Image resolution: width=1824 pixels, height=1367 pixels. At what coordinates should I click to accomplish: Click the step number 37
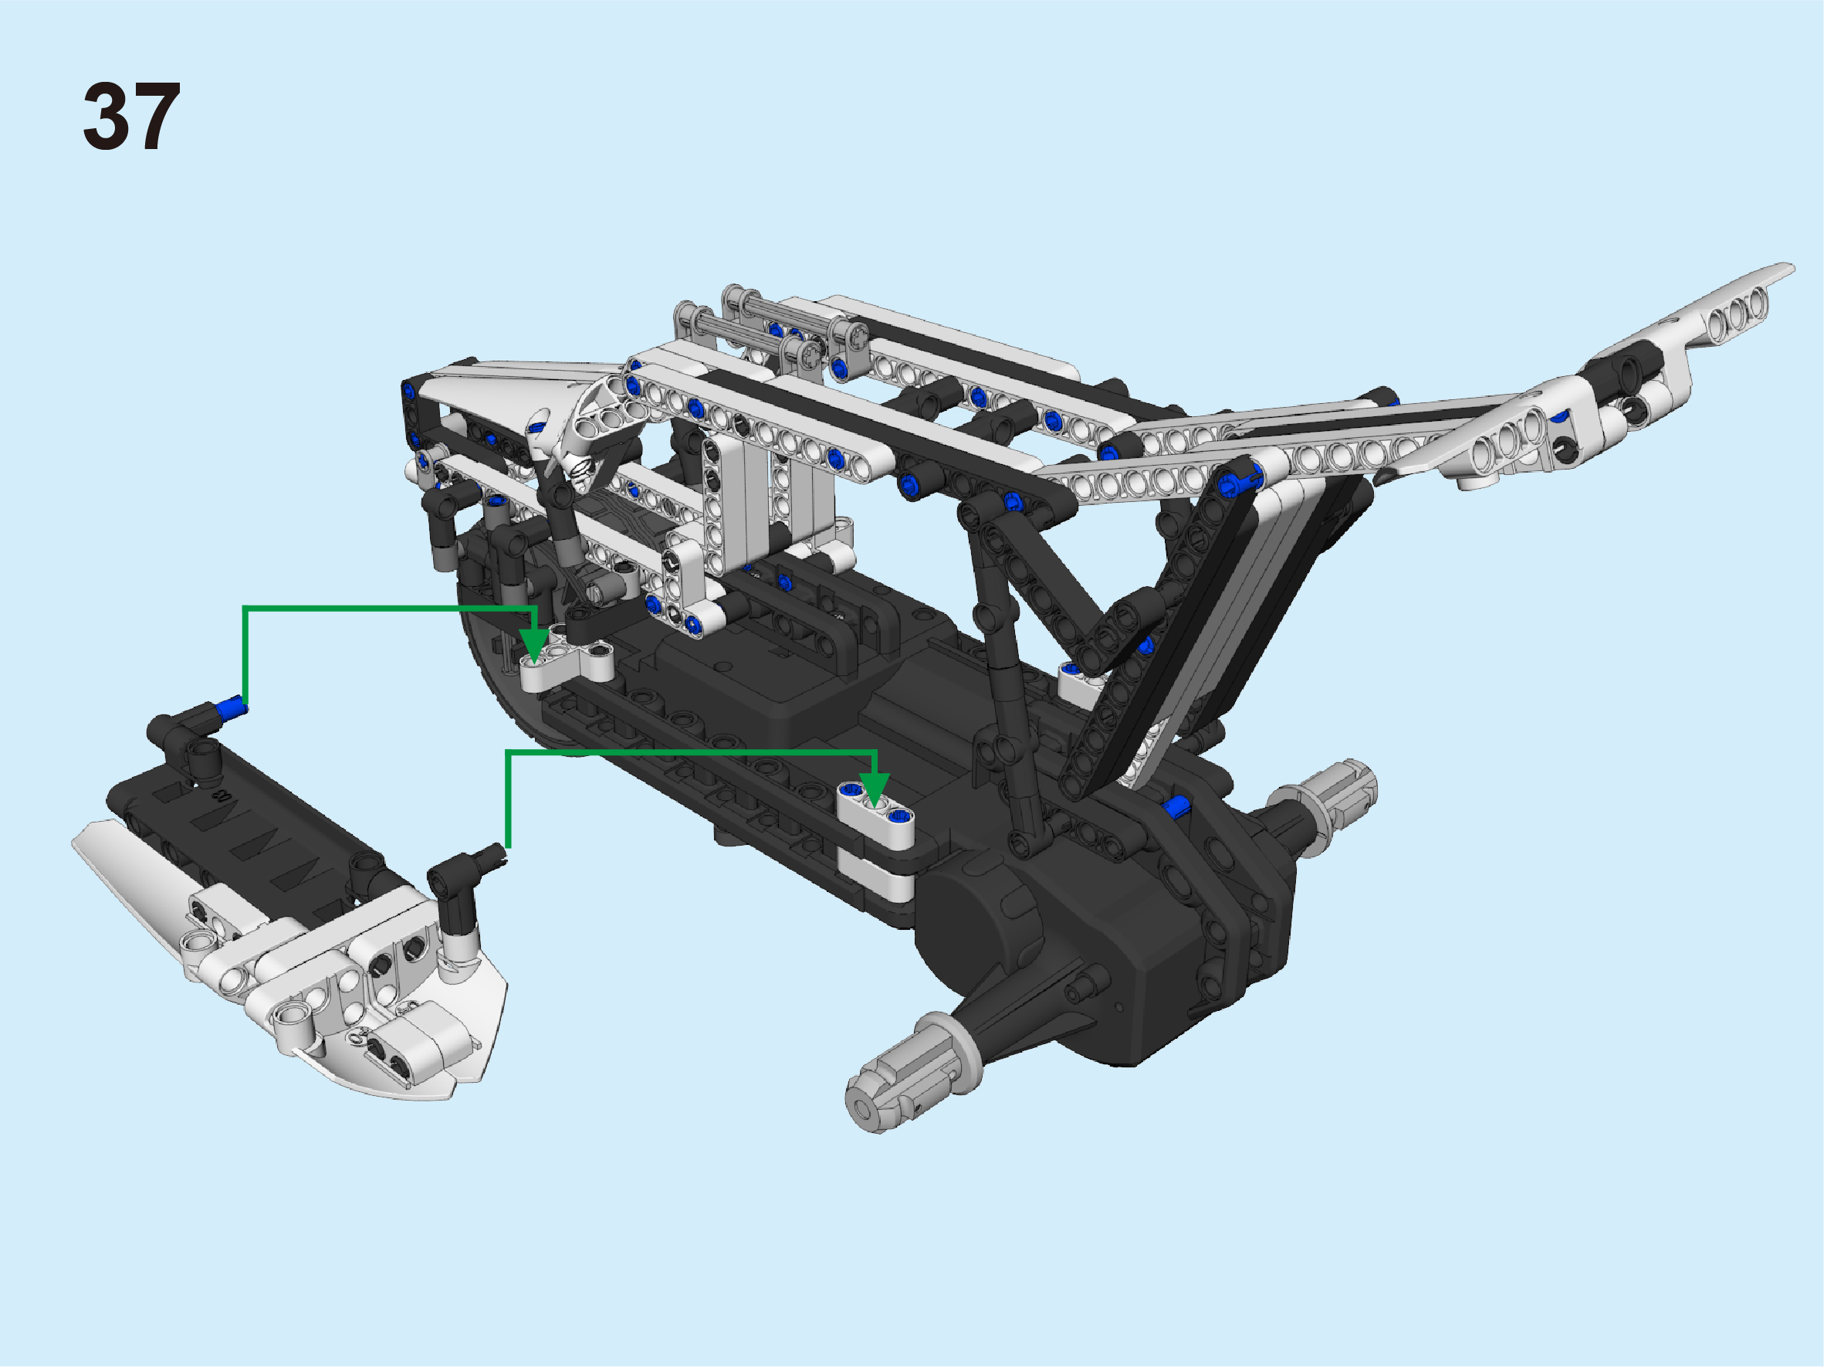tap(131, 117)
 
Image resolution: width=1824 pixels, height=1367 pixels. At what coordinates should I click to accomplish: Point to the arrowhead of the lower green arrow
tap(875, 789)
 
